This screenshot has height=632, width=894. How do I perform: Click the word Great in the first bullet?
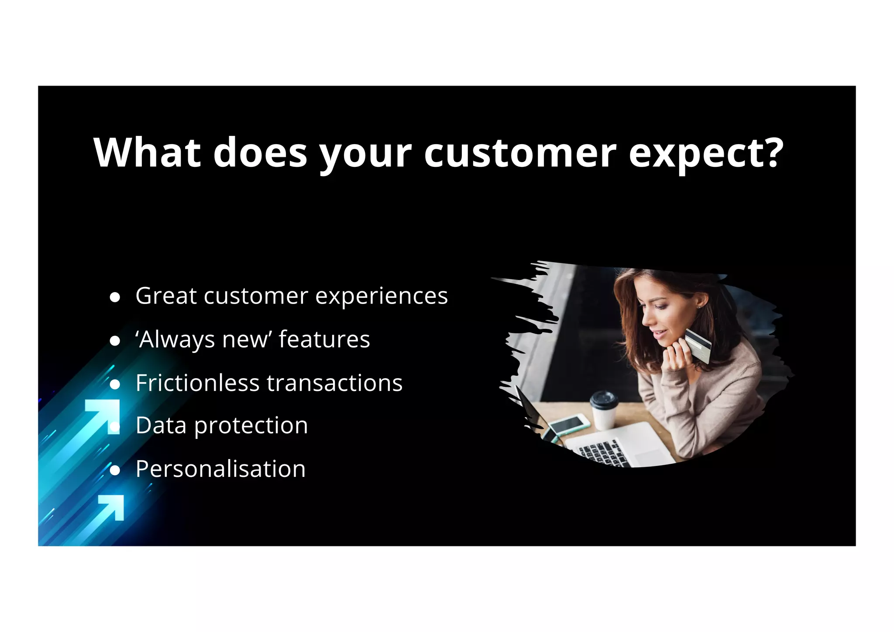[x=166, y=296]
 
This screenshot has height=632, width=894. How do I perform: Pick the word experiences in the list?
[x=382, y=297]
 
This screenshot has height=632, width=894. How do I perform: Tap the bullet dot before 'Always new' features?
[x=115, y=341]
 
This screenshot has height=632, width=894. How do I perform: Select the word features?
[x=324, y=339]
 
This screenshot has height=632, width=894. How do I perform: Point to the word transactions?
[x=334, y=383]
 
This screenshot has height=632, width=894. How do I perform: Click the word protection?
[x=251, y=426]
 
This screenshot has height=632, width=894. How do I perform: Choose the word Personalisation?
[x=220, y=469]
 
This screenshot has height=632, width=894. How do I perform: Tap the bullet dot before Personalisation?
[x=115, y=470]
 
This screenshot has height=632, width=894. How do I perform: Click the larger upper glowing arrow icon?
[x=104, y=415]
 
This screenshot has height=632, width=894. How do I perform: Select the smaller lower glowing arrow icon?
[x=112, y=507]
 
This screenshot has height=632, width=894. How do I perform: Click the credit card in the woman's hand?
[x=698, y=345]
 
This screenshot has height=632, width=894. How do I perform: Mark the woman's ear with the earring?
[x=700, y=301]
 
